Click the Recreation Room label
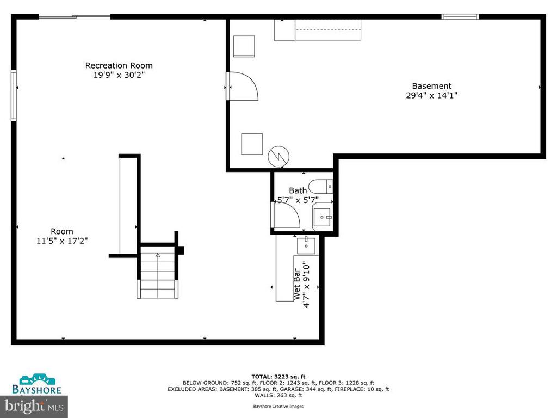point(119,65)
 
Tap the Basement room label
point(431,85)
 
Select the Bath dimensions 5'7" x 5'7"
point(298,200)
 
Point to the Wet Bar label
point(296,284)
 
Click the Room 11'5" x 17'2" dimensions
point(62,241)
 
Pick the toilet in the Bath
point(320,187)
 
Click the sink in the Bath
point(322,217)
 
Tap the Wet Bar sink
point(306,246)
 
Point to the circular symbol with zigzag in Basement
point(278,156)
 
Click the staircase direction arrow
point(158,255)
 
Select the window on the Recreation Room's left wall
point(14,95)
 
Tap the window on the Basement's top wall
point(460,16)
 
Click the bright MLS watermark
point(34,406)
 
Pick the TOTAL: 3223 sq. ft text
point(278,377)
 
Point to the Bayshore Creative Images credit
point(278,406)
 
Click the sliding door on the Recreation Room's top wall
point(74,16)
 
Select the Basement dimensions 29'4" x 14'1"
point(431,95)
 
